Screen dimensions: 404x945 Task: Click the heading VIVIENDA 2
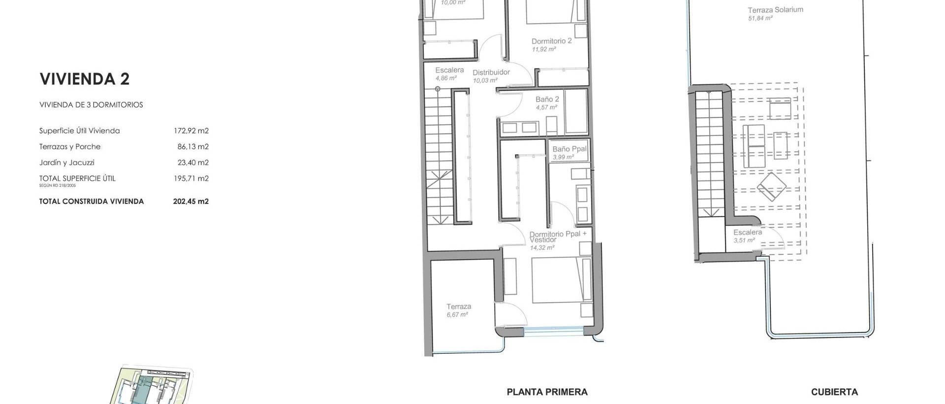point(84,79)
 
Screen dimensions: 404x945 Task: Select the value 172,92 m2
point(191,131)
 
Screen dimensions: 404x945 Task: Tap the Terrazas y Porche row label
point(70,147)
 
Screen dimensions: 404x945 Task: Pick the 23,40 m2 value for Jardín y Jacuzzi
point(193,163)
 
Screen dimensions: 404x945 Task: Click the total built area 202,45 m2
point(191,202)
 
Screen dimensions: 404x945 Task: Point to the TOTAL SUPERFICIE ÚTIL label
point(77,178)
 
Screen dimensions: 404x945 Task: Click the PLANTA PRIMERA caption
point(547,392)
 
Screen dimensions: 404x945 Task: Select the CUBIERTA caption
point(834,392)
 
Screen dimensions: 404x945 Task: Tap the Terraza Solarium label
point(775,10)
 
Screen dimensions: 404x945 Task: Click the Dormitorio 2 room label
point(551,41)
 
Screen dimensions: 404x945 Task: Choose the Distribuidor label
point(491,72)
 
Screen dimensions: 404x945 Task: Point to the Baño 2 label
point(547,99)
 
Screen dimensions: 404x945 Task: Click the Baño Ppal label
point(569,149)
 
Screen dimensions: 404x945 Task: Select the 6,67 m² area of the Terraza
point(457,314)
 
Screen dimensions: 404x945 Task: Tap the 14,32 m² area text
point(542,248)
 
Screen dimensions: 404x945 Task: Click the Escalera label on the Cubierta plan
point(747,233)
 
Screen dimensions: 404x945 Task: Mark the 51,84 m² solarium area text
point(760,18)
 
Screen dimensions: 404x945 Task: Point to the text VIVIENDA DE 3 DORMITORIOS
point(91,105)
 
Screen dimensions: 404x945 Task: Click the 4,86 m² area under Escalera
point(446,78)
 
